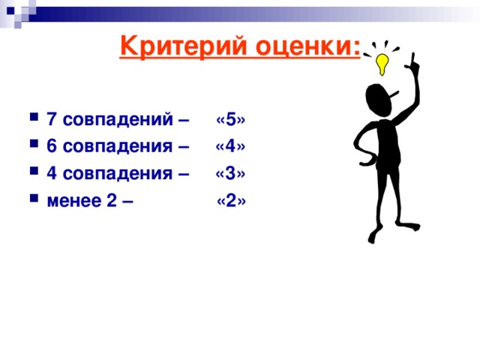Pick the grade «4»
(x=230, y=146)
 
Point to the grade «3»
(x=230, y=173)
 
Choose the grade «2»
(x=231, y=200)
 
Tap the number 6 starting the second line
(x=51, y=146)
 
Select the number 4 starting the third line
(x=51, y=173)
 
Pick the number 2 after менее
(x=112, y=200)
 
